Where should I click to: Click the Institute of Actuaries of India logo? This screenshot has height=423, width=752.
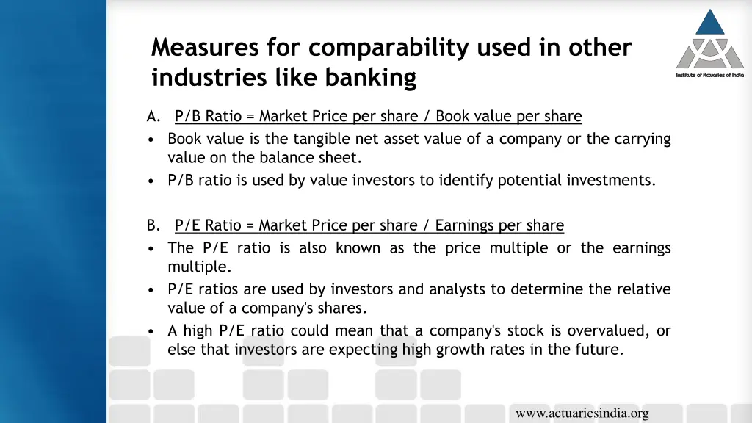pos(709,44)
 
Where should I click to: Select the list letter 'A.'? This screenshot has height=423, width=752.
pos(153,116)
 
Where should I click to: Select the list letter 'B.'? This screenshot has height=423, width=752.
pos(153,225)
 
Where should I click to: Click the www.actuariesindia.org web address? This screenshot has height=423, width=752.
pos(582,413)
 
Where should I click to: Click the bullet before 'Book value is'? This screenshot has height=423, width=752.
pos(151,140)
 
